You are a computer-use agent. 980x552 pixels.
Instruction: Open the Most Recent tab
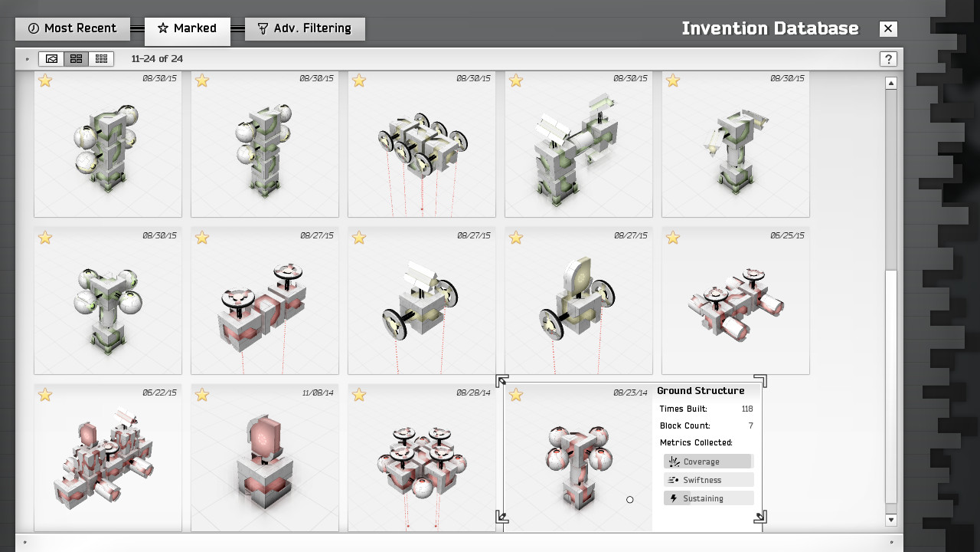click(73, 28)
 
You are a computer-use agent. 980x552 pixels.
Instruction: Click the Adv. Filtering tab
click(305, 28)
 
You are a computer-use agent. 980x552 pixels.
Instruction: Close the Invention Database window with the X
click(888, 29)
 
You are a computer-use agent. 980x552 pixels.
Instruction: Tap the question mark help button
click(888, 59)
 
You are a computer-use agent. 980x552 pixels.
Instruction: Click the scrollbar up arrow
click(891, 84)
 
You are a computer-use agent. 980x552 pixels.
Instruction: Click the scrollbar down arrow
click(891, 520)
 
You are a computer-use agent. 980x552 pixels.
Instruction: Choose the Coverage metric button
click(709, 462)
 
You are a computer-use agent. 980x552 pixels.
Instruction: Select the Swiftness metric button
click(709, 480)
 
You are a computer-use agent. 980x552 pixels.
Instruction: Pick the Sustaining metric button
click(709, 498)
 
